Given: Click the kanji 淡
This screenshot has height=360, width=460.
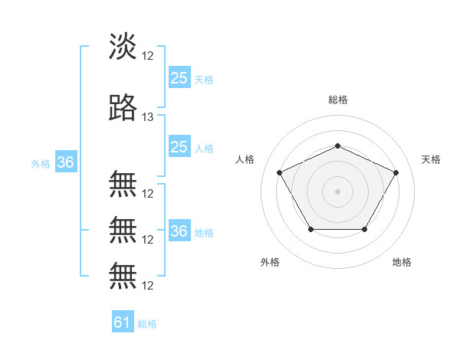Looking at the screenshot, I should pos(123,47).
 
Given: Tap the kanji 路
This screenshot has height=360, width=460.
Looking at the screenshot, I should pos(123,109).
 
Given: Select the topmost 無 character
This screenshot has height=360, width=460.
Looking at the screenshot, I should pos(123,185).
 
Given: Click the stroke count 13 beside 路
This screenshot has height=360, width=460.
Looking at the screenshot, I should pos(149,117).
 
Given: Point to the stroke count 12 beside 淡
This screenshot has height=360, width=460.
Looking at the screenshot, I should pos(149,56).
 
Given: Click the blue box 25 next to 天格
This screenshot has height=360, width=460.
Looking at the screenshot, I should pos(179,78).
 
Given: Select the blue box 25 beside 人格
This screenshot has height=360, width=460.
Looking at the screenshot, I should pos(179,147).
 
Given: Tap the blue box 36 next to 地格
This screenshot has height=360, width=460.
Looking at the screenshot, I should pos(179,231).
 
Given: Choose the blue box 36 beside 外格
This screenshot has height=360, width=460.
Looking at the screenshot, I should pos(66,162).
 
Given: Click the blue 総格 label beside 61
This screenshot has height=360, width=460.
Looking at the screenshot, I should pos(147,324).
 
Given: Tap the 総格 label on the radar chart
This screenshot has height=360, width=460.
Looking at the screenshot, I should pos(338,100).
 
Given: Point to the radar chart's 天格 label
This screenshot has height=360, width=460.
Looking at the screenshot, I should pos(432,159).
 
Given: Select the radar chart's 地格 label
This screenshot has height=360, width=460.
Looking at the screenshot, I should pos(402,262).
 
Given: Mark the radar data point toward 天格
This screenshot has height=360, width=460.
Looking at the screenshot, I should pos(396,172).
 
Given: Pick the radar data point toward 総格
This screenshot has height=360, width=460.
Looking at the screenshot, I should pos(338,146).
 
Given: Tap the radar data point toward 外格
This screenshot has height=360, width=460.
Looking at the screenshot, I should pos(310,229).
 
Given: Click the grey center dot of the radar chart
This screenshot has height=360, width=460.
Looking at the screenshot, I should pos(338,191).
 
